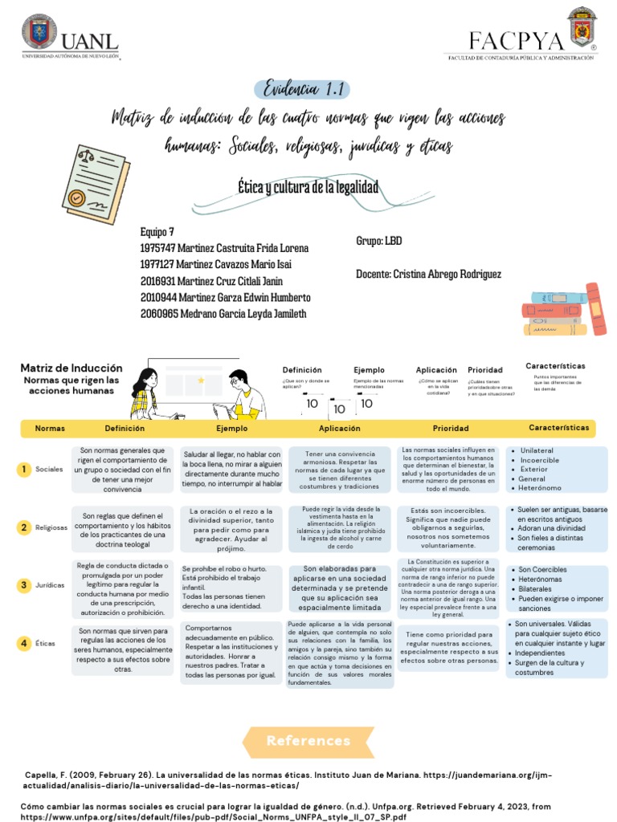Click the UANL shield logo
39,32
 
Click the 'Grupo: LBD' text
378,241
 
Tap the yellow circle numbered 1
25,469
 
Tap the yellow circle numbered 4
25,642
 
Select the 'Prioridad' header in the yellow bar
451,429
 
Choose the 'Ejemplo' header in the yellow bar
231,429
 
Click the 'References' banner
308,740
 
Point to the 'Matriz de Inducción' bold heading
72,368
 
